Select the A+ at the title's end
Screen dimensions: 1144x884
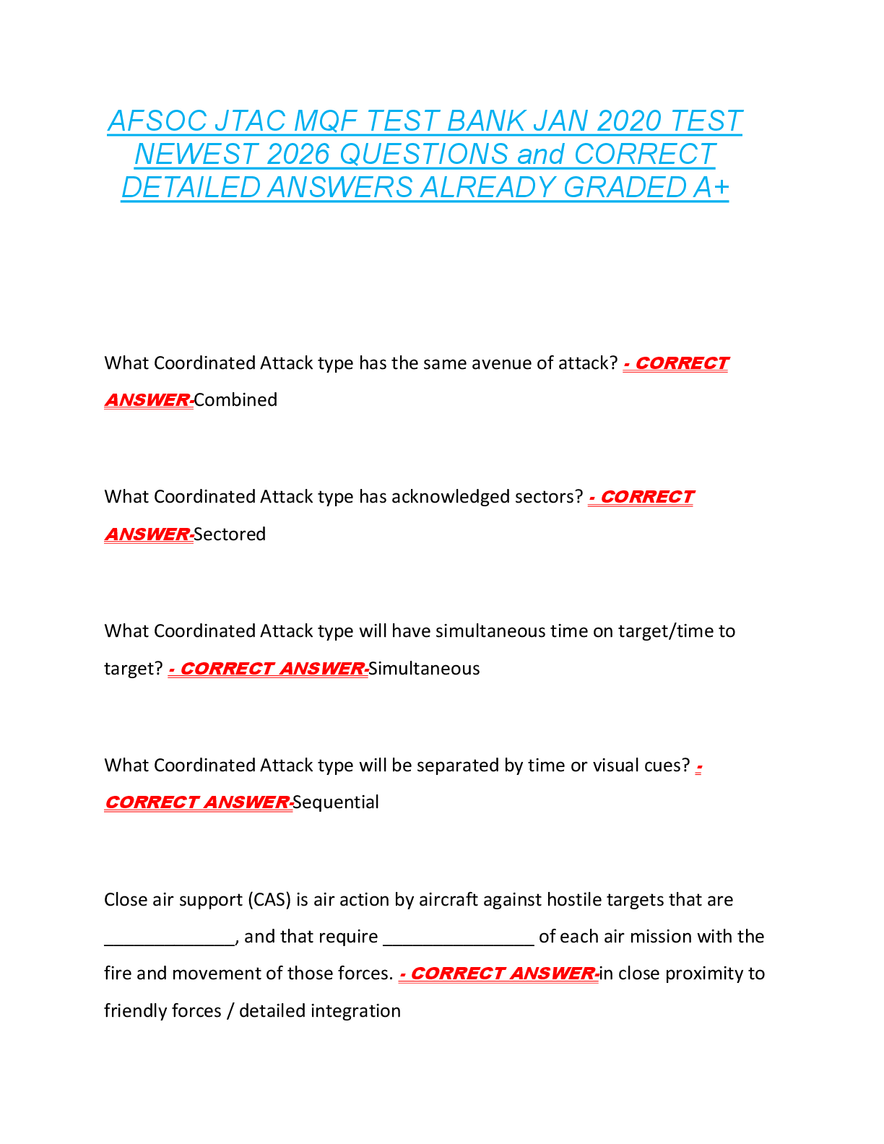tap(711, 188)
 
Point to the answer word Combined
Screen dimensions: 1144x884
tap(235, 400)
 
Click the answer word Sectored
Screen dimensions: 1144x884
tap(230, 534)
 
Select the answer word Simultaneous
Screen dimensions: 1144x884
tap(424, 669)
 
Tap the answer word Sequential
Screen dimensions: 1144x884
tap(336, 802)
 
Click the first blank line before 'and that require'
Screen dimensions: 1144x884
tap(170, 940)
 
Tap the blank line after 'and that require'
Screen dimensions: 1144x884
tap(458, 940)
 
